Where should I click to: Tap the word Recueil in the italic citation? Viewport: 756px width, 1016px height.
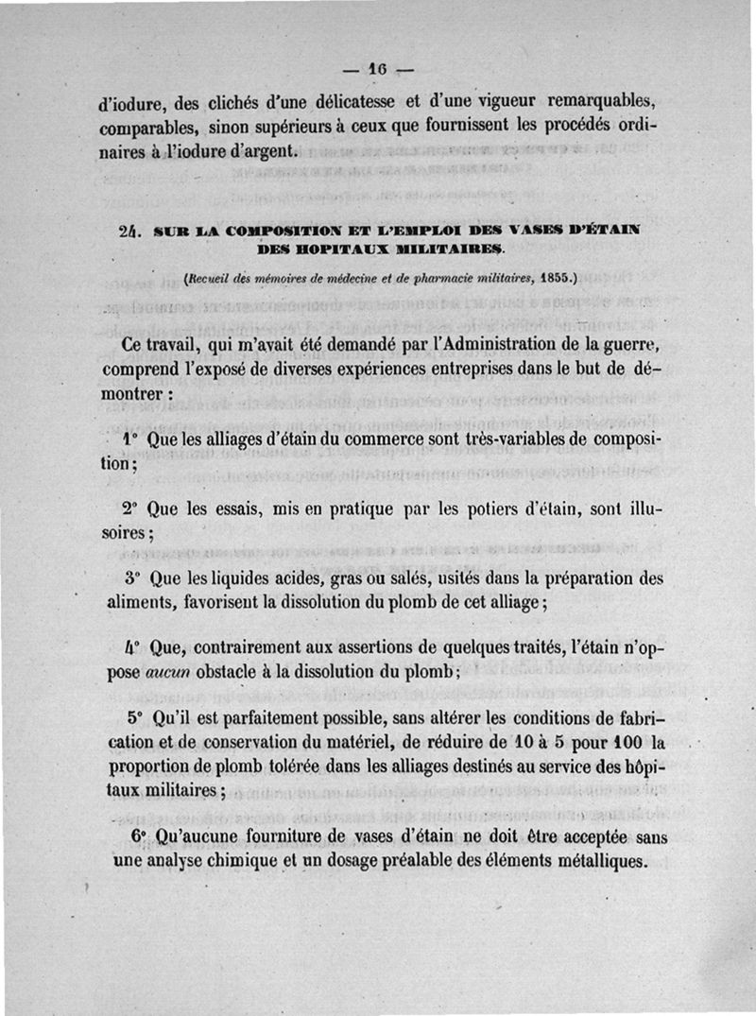(213, 279)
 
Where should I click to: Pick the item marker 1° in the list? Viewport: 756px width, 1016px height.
(131, 441)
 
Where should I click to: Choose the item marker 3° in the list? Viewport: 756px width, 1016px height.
(133, 577)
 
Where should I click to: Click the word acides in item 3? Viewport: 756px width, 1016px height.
(265, 577)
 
